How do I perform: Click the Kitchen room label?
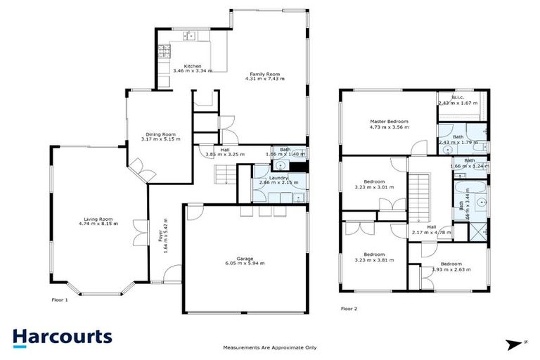tap(173, 66)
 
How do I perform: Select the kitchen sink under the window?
tap(189, 35)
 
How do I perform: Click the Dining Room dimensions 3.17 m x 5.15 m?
tap(160, 139)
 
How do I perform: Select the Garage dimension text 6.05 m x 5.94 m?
tap(244, 263)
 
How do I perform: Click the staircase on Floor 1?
tap(224, 172)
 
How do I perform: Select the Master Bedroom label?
tap(389, 122)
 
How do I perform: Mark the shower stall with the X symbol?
tap(480, 229)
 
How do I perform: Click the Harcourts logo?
tap(62, 336)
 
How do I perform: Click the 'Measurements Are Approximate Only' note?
tap(269, 347)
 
